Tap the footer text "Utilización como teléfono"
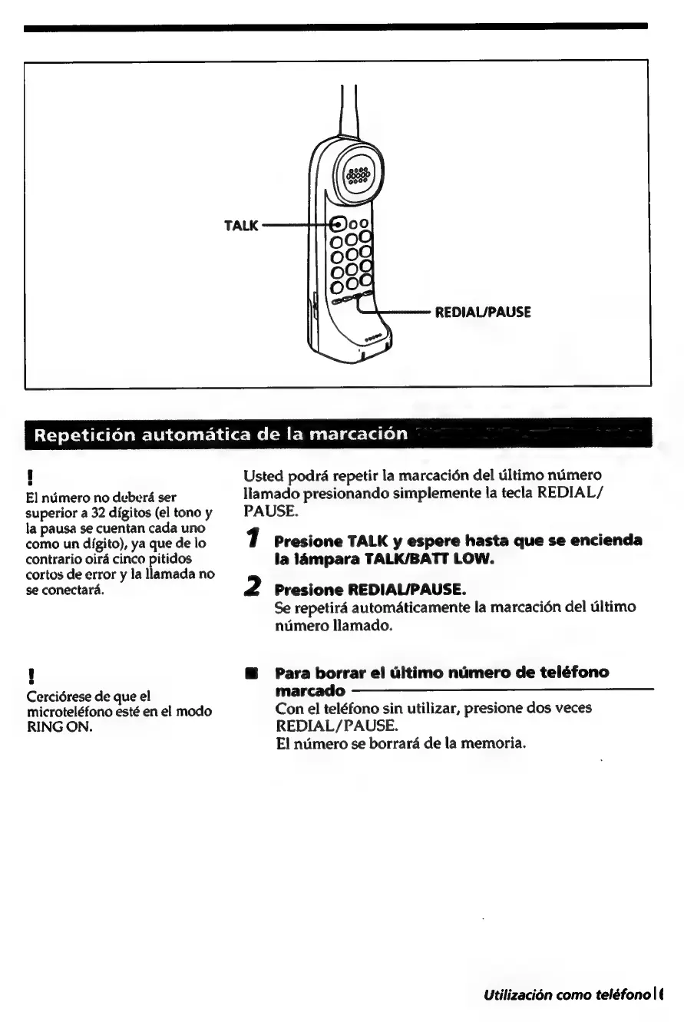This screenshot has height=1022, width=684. [x=567, y=996]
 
